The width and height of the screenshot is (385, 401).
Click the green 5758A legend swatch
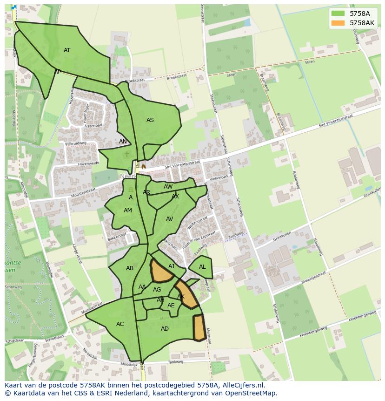(x=338, y=14)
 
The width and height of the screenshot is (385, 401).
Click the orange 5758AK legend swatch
(x=338, y=23)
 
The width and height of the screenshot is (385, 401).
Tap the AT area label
(x=67, y=50)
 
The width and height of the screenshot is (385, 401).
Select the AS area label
(x=150, y=120)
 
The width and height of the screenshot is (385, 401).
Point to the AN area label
(x=123, y=142)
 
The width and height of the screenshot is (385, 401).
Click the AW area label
(x=168, y=187)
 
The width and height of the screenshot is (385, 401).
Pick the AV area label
(x=169, y=219)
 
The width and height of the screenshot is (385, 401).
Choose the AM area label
(x=127, y=211)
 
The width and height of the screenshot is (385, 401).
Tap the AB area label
(x=130, y=268)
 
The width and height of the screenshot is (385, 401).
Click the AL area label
(x=202, y=267)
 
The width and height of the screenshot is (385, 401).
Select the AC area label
(x=120, y=324)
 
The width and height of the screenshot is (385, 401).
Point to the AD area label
(x=165, y=329)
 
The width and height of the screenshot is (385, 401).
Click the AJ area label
(x=172, y=266)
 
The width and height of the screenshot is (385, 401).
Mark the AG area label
(x=157, y=290)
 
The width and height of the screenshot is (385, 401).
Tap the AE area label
(x=171, y=306)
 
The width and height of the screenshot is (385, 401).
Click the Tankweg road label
(x=176, y=361)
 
